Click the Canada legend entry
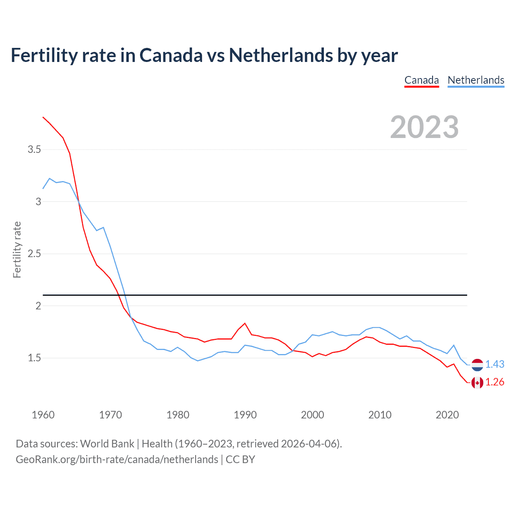point(421,80)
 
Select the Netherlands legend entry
point(476,80)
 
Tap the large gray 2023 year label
point(424,127)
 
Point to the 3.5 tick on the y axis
point(34,150)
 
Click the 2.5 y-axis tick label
point(34,254)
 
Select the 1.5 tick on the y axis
point(34,358)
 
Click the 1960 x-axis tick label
point(43,415)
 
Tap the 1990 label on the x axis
point(245,415)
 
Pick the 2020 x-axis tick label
point(447,415)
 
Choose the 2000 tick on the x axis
point(312,415)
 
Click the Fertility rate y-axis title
point(17,249)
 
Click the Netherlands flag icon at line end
point(477,365)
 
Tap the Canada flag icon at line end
point(477,383)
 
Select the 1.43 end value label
point(494,364)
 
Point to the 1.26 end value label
point(494,382)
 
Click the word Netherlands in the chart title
point(281,55)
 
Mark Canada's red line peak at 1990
point(245,323)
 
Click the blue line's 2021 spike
point(454,345)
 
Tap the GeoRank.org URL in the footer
point(117,459)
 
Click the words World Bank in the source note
point(107,444)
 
